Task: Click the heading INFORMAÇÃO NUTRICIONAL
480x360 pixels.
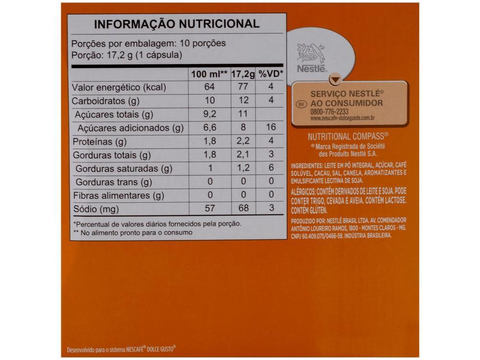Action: coord(176,24)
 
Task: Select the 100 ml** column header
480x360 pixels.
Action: coord(209,74)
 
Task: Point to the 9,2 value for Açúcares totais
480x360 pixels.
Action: coord(209,115)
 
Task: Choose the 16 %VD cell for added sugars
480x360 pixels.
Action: coord(271,128)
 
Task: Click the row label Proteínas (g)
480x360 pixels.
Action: coord(99,142)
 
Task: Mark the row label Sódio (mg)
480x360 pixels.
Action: coord(95,209)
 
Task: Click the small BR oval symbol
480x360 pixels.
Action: coord(301,103)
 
